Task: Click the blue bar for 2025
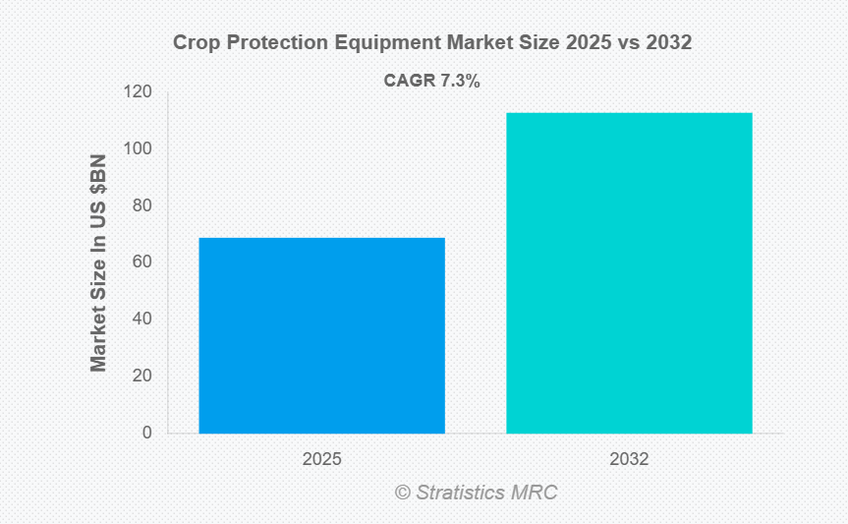click(321, 335)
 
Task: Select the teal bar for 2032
click(629, 272)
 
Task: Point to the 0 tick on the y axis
click(146, 433)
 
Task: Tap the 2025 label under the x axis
click(321, 458)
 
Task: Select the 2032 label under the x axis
click(629, 458)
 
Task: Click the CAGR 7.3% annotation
click(431, 83)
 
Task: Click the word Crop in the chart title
click(194, 43)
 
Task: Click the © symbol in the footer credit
click(402, 493)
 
